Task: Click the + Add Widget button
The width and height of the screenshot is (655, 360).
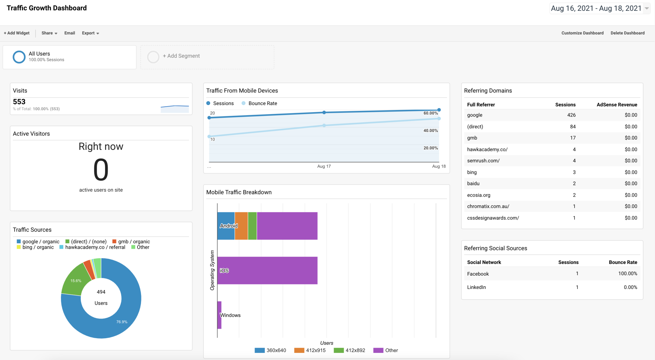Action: coord(17,33)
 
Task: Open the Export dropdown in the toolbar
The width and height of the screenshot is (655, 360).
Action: coord(90,33)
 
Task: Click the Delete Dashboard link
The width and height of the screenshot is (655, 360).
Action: coord(627,33)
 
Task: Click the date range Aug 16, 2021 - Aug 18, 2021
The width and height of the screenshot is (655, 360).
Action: coord(596,8)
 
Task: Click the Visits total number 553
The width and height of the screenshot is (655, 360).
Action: coord(19,102)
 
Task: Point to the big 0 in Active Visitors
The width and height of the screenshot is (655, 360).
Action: coord(101,170)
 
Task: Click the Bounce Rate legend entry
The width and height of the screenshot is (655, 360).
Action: coord(262,103)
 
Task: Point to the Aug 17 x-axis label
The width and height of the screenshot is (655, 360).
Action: coord(324,166)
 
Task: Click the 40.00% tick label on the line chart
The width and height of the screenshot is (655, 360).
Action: coord(430,131)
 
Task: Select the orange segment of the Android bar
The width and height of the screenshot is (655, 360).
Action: coord(241,226)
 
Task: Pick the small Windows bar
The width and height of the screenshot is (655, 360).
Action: coord(220,315)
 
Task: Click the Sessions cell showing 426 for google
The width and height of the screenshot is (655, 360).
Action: coord(571,115)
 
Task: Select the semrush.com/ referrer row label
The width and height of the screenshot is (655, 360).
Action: coord(483,161)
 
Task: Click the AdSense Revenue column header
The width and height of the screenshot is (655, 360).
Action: coord(616,105)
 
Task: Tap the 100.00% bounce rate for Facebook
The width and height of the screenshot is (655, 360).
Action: coord(627,274)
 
